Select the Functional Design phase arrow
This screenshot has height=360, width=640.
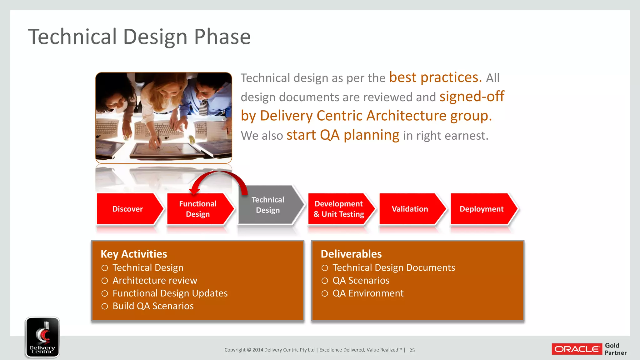[198, 209]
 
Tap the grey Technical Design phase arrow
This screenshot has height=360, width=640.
[268, 205]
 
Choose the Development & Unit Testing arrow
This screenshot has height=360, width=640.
[339, 209]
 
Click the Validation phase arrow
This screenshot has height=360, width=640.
[410, 209]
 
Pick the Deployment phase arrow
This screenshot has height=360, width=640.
[481, 209]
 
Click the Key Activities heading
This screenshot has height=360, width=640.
[134, 254]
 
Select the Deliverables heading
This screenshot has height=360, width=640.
[351, 254]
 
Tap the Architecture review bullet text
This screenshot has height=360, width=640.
[155, 280]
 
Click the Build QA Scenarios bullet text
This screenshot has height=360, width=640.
[153, 306]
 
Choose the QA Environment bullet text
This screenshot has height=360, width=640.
[368, 293]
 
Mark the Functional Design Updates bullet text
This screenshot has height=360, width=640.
[170, 293]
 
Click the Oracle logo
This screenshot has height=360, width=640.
[577, 349]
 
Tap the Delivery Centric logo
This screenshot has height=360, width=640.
[42, 337]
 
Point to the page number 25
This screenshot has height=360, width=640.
[412, 350]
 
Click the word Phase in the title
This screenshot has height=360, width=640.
[222, 37]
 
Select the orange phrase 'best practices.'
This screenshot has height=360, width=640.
[435, 77]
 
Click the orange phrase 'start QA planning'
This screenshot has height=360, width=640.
[343, 135]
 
